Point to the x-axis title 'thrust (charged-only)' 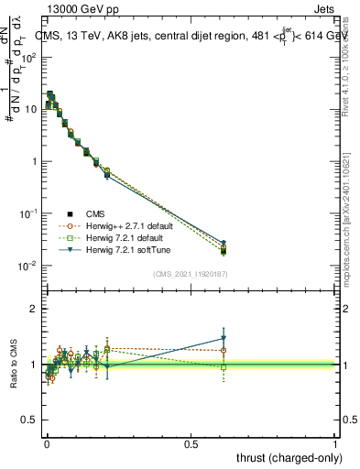[x=286, y=457]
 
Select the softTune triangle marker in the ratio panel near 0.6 [x=224, y=338]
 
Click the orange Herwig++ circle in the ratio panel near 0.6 [x=224, y=350]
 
